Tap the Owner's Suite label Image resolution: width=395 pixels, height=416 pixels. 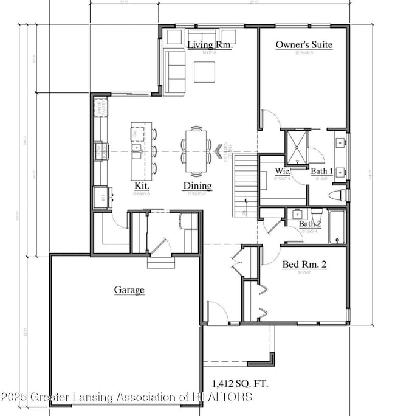click(x=304, y=44)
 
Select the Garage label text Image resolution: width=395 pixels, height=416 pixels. click(x=129, y=290)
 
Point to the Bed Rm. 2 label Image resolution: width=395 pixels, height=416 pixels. click(x=304, y=265)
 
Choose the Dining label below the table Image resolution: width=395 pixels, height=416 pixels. click(x=197, y=185)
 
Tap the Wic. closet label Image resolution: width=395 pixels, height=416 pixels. click(x=283, y=172)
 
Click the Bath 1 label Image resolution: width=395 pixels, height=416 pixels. click(x=322, y=172)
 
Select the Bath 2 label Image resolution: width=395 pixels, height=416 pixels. click(x=309, y=224)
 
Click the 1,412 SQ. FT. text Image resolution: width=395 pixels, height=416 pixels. click(x=240, y=384)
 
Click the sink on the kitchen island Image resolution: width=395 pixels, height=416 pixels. click(x=137, y=148)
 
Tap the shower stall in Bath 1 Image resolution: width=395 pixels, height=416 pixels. click(x=298, y=146)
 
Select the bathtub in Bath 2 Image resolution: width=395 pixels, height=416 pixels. click(x=337, y=226)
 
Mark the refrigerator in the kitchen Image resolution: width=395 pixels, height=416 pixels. click(x=100, y=196)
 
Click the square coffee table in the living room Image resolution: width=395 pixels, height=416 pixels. click(x=205, y=72)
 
